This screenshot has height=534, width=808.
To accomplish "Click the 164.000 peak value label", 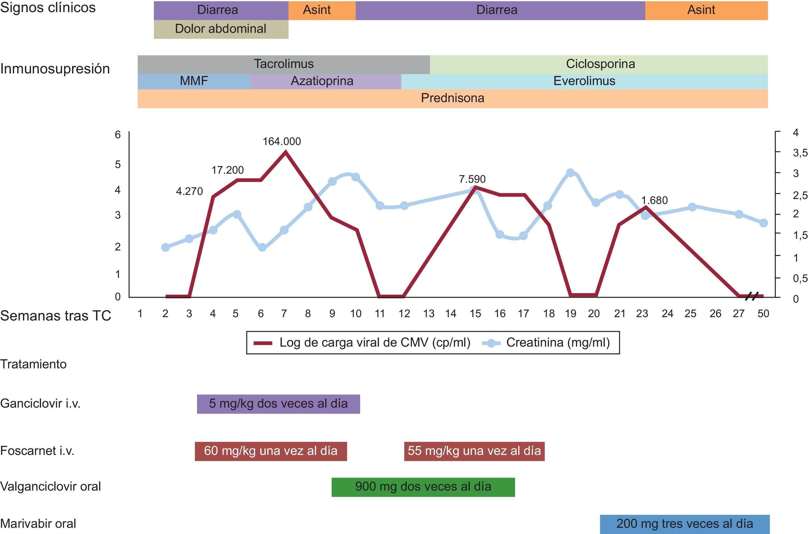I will (281, 141).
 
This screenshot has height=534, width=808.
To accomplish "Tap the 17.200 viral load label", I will (227, 170).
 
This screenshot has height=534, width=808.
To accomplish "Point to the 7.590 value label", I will (472, 179).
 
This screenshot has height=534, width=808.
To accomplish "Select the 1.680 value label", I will (654, 200).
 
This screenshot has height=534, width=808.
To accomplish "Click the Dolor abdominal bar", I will (221, 29).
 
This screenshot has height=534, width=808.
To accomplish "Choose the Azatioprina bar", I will (322, 81).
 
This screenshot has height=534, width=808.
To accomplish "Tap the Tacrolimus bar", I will (283, 64).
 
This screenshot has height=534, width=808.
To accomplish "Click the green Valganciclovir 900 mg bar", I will (423, 487).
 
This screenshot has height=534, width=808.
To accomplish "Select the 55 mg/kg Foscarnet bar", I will (474, 451).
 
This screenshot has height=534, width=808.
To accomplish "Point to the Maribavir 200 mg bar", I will (684, 523).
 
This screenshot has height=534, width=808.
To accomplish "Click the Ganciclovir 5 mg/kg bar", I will (278, 403).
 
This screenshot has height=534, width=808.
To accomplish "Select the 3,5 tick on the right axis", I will (799, 153).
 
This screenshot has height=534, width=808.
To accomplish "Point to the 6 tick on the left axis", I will (118, 135).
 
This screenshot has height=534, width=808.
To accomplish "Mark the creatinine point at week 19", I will (570, 173).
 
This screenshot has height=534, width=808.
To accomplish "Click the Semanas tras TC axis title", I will (56, 316).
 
